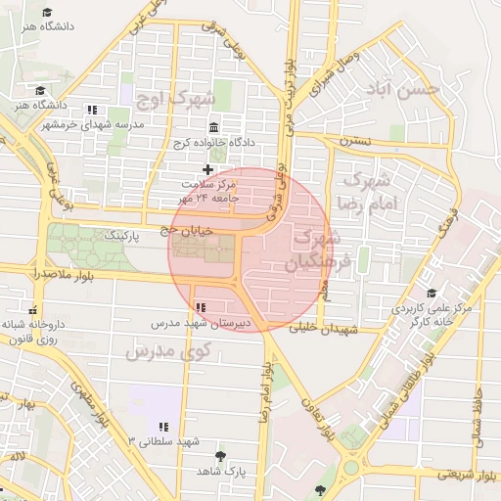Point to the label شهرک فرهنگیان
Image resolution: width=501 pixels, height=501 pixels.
(315, 250)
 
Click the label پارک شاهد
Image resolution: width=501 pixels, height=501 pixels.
(219, 471)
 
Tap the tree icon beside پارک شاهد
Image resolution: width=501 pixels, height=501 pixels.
(220, 456)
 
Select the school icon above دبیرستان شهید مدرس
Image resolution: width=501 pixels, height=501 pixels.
(201, 307)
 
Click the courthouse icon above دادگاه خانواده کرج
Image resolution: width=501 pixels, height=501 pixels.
(214, 127)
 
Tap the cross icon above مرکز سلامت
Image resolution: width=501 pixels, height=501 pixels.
(207, 169)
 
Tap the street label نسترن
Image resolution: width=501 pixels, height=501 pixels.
(355, 142)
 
